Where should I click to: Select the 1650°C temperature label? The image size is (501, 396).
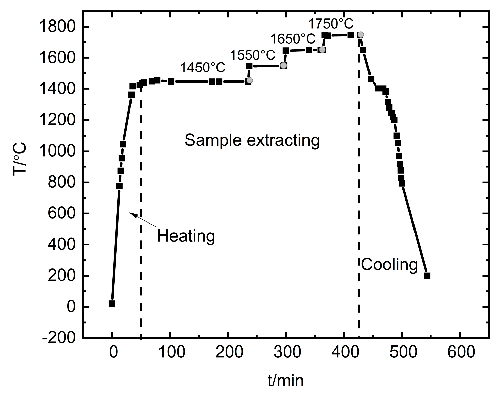click(293, 39)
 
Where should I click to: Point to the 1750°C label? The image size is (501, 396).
click(331, 24)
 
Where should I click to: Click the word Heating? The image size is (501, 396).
click(186, 236)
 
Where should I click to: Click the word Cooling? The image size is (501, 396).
click(389, 265)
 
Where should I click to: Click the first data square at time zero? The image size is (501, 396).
click(112, 303)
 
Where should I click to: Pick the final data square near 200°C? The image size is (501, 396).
click(427, 275)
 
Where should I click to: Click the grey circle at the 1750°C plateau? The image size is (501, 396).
click(361, 34)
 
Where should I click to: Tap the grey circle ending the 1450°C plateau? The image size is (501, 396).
click(250, 80)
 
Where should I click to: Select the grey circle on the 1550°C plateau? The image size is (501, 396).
click(284, 65)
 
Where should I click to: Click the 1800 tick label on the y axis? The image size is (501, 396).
click(61, 27)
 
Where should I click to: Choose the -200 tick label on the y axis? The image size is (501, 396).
click(59, 338)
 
